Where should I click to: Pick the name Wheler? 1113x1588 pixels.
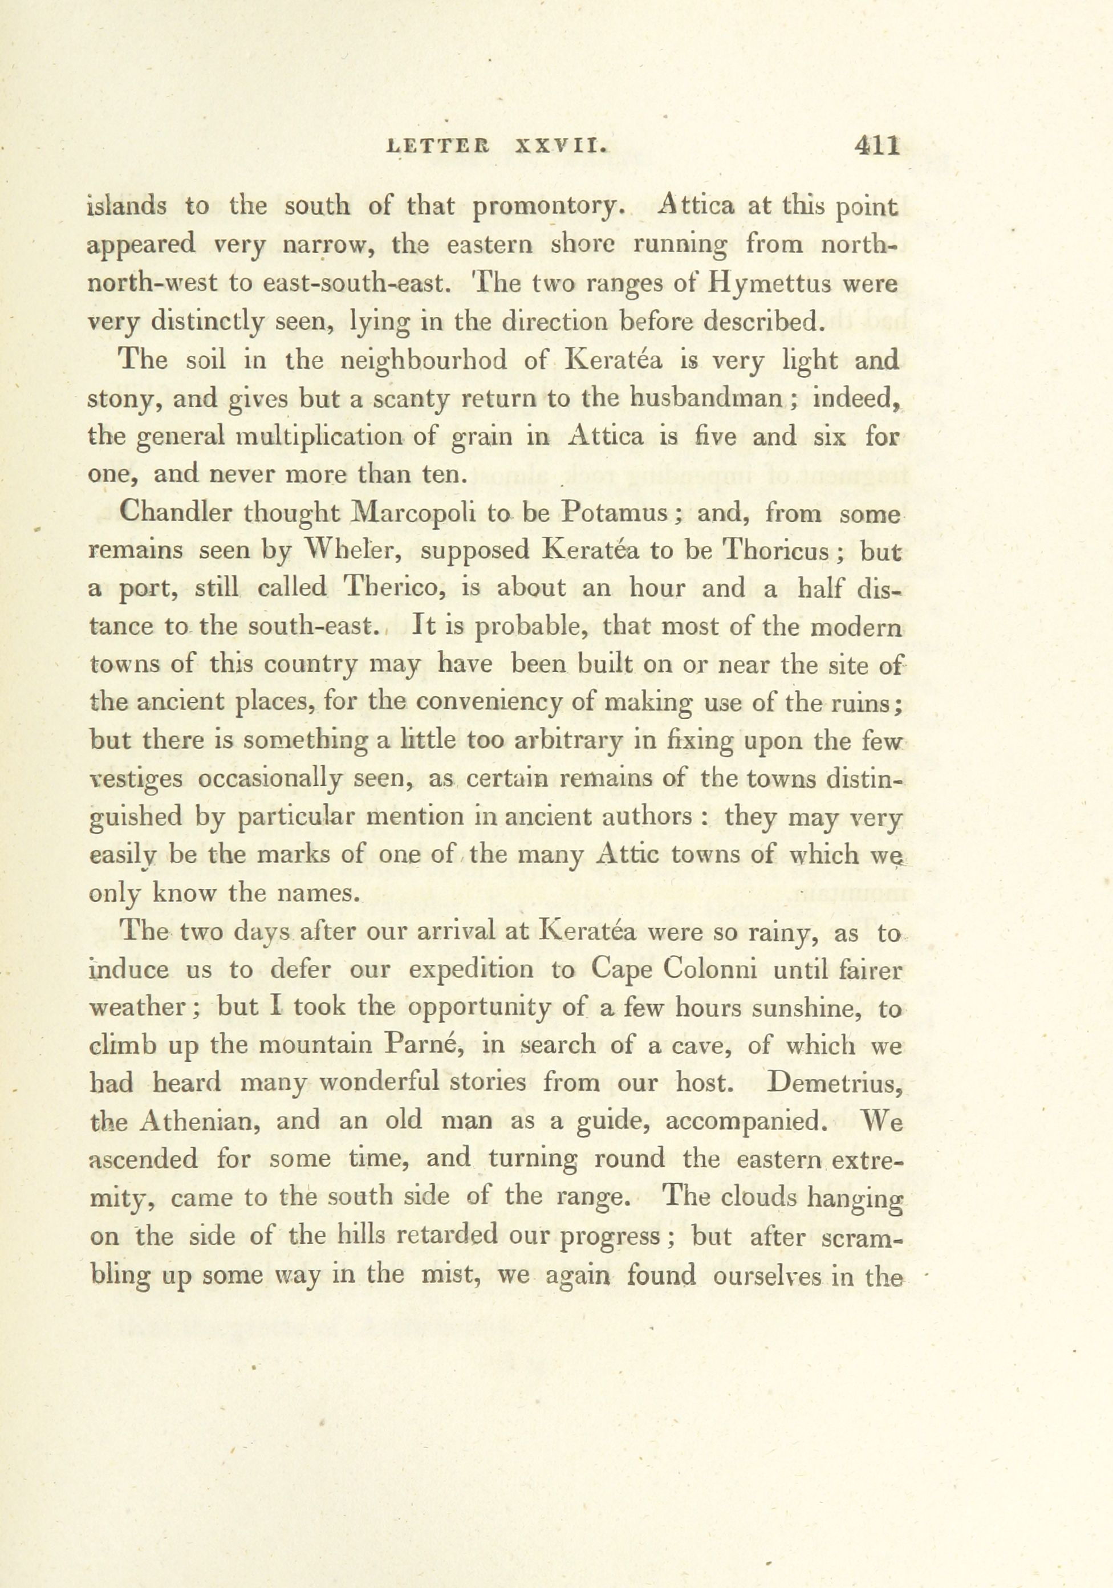348,551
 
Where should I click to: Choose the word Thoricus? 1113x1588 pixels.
774,551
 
